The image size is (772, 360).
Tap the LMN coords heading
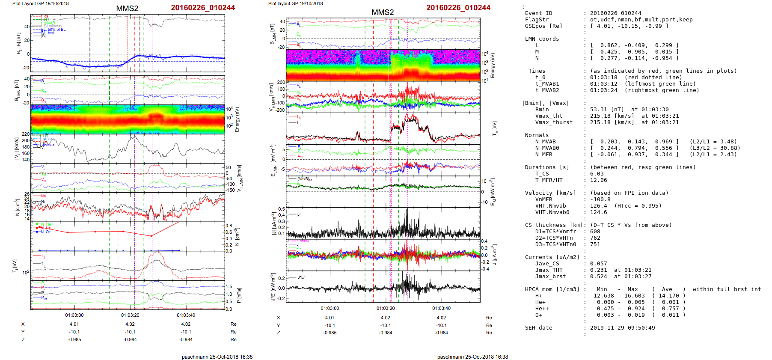click(x=542, y=39)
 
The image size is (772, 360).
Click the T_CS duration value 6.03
click(x=597, y=174)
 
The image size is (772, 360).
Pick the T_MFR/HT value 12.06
click(x=598, y=180)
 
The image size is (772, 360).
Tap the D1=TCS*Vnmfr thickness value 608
click(x=595, y=232)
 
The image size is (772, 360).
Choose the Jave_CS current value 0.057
click(x=598, y=264)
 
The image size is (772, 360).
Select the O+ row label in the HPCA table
click(x=538, y=315)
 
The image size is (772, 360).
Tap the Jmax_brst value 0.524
click(x=598, y=277)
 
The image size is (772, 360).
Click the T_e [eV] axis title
click(x=495, y=128)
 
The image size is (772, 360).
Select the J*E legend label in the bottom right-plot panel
click(x=301, y=277)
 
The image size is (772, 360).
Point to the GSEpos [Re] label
click(x=543, y=26)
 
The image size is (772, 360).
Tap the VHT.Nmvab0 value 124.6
click(x=598, y=212)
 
